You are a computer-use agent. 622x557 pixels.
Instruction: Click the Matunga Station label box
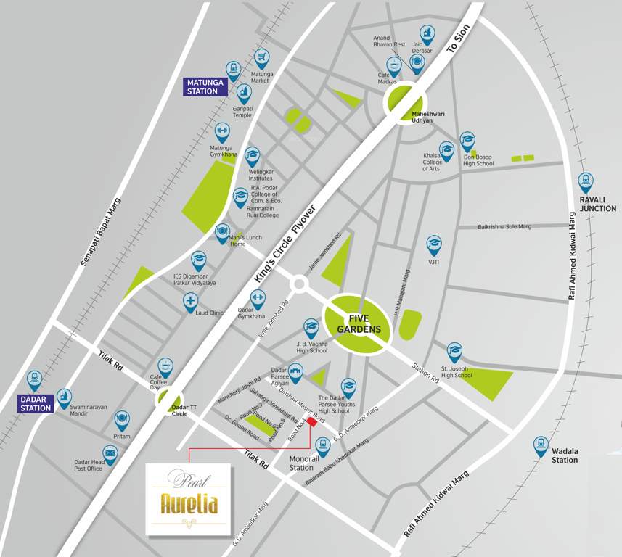pyautogui.click(x=202, y=86)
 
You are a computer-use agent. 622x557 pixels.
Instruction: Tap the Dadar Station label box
pyautogui.click(x=36, y=403)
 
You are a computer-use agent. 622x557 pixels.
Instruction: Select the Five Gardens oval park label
pyautogui.click(x=359, y=323)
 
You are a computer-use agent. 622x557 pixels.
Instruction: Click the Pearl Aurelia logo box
pyautogui.click(x=189, y=499)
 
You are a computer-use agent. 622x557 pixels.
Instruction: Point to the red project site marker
pyautogui.click(x=312, y=422)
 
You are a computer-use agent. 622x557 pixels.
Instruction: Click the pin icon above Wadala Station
pyautogui.click(x=541, y=445)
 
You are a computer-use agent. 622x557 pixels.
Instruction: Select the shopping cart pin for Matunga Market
pyautogui.click(x=261, y=58)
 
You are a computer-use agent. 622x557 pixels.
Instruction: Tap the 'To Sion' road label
pyautogui.click(x=459, y=37)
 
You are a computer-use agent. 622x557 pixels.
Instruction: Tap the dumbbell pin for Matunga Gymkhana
pyautogui.click(x=223, y=131)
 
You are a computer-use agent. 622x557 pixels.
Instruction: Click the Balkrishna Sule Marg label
pyautogui.click(x=504, y=227)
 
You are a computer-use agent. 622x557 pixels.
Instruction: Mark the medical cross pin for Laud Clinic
pyautogui.click(x=190, y=301)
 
